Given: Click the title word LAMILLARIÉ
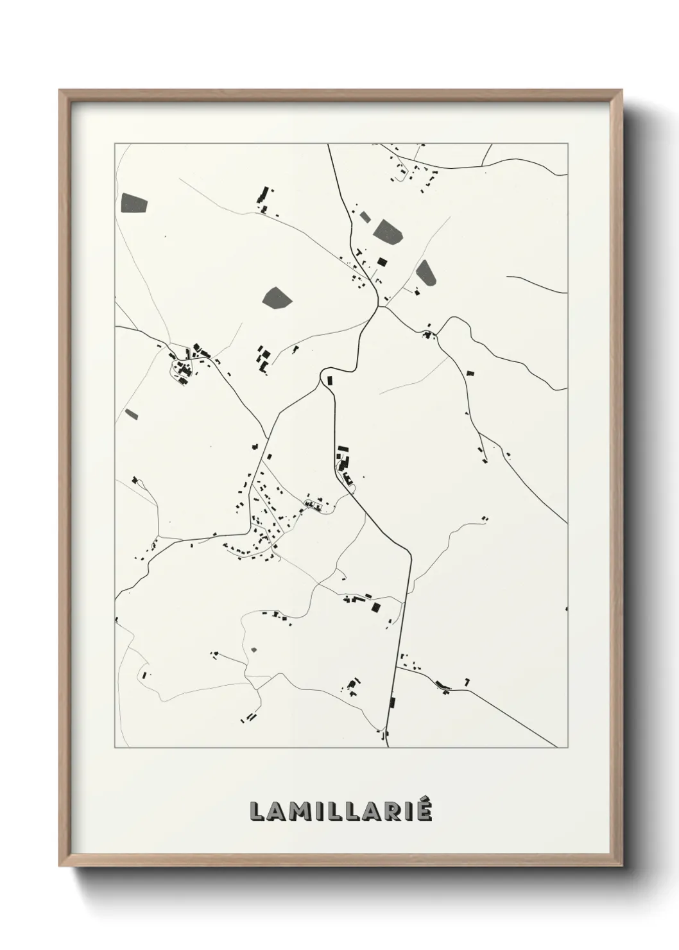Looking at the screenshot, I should pyautogui.click(x=341, y=811).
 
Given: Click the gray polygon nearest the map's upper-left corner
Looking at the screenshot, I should pyautogui.click(x=133, y=202).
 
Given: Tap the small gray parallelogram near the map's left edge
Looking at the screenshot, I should pyautogui.click(x=132, y=414).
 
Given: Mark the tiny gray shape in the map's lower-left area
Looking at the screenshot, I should pyautogui.click(x=254, y=650).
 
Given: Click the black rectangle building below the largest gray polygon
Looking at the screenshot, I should pyautogui.click(x=382, y=262).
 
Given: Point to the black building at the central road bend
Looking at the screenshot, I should pyautogui.click(x=331, y=380).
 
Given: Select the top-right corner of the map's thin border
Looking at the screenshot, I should pyautogui.click(x=567, y=144).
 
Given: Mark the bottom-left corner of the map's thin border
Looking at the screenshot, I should pyautogui.click(x=116, y=748).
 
